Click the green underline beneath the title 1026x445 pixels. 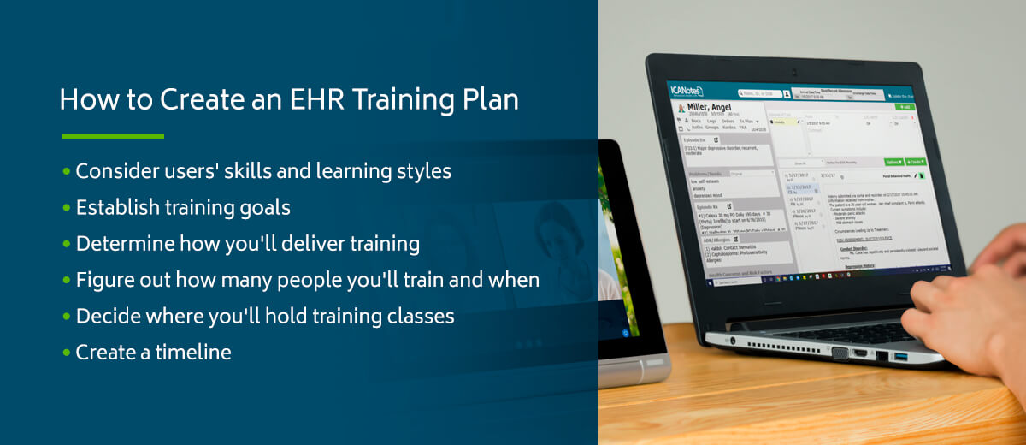pyautogui.click(x=112, y=135)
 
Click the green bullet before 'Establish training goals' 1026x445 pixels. pyautogui.click(x=67, y=208)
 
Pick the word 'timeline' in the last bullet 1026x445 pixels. pyautogui.click(x=193, y=352)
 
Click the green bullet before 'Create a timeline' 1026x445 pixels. pyautogui.click(x=67, y=353)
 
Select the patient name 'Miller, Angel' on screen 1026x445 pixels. pyautogui.click(x=711, y=107)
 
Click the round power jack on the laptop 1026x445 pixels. pyautogui.click(x=734, y=341)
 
